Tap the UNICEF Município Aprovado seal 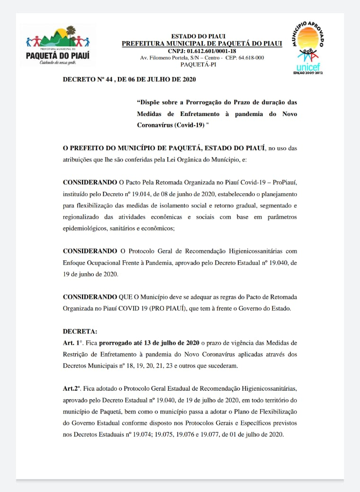click(x=308, y=48)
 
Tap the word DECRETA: click(x=80, y=332)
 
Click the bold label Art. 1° click(x=73, y=342)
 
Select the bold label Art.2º click(x=73, y=388)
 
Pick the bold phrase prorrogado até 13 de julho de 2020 click(x=149, y=342)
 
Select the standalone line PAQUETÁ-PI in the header click(x=202, y=64)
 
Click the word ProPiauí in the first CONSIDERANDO click(x=283, y=182)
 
